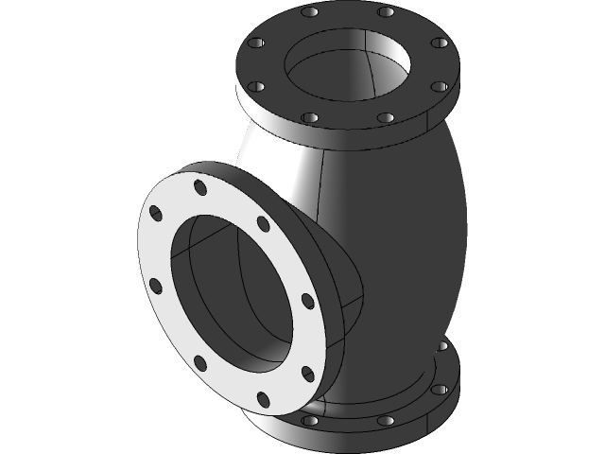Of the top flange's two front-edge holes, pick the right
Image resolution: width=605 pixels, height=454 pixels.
[x=385, y=118]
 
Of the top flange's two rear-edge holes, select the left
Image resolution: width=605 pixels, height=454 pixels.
[x=310, y=13]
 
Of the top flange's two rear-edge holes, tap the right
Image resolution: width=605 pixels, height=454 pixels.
[x=385, y=13]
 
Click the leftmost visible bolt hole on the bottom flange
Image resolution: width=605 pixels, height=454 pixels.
[x=309, y=419]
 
